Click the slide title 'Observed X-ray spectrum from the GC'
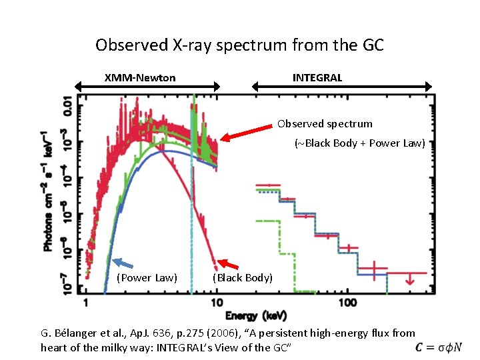[x=239, y=45]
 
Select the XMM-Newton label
[x=140, y=78]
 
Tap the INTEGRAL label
[x=317, y=78]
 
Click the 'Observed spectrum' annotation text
[x=325, y=124]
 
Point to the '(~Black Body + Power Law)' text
[x=359, y=143]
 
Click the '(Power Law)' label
[x=147, y=277]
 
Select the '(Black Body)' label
[x=242, y=277]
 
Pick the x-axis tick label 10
[x=216, y=303]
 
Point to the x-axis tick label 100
[x=347, y=303]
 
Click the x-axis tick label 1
[x=85, y=303]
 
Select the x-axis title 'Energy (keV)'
[x=257, y=315]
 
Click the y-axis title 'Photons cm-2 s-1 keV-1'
[x=48, y=190]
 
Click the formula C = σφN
[x=438, y=347]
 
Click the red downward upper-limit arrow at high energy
[x=410, y=280]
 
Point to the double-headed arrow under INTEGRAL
[x=341, y=86]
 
